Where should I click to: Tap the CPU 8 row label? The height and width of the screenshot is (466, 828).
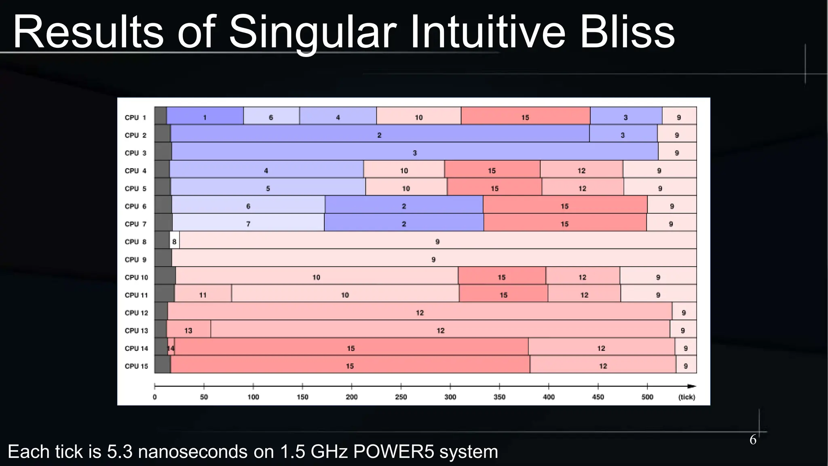pos(135,241)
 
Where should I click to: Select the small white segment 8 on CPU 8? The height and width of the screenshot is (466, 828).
pos(174,241)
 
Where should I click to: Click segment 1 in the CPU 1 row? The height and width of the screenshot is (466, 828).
pos(205,117)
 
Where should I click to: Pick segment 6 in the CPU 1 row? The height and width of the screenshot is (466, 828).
pos(271,117)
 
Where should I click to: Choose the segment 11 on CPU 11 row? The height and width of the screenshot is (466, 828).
pos(203,295)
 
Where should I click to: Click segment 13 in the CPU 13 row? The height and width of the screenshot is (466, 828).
pos(188,330)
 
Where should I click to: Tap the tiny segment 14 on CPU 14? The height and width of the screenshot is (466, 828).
pos(171,348)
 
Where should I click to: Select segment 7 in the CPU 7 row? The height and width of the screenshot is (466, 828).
pos(248,224)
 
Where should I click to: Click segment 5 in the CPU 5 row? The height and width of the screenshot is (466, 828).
pos(268,189)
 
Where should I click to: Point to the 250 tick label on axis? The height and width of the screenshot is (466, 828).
pos(401,397)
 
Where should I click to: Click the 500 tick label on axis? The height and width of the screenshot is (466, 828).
pos(647,397)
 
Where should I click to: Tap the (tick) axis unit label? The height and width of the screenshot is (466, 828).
pos(686,397)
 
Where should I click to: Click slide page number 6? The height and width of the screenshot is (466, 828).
pos(753,440)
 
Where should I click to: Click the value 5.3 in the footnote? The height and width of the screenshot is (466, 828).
pos(120,451)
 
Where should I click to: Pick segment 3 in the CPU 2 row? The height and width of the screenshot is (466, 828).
pos(623,135)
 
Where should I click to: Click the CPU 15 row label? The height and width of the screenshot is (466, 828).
pos(136,366)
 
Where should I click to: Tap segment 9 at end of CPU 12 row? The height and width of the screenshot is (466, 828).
pos(684,313)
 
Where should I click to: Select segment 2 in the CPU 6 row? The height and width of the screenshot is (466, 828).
pos(404,206)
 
